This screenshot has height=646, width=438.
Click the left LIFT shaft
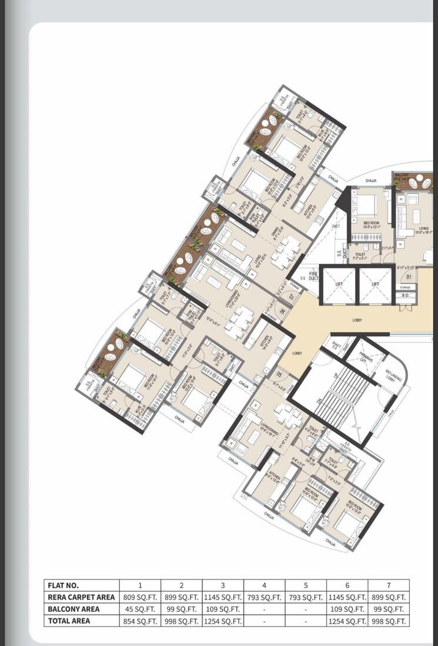339,284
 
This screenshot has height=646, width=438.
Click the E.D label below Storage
404,296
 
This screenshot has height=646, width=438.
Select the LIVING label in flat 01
423,229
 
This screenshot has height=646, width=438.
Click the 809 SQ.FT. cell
140,597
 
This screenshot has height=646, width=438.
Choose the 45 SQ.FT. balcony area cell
140,609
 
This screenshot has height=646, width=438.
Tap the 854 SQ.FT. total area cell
140,621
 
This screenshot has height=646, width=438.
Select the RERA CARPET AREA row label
81,597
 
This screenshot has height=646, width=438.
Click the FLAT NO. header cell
81,585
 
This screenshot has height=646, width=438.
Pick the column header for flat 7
389,585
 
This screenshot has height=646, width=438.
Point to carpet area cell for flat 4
265,597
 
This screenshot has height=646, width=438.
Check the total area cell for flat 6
347,621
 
